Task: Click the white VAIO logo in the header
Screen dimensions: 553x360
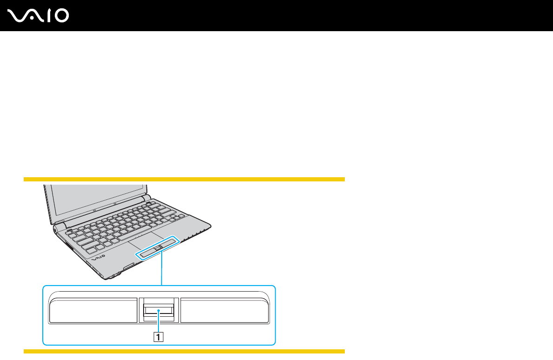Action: pos(39,15)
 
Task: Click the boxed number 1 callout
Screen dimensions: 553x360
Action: pos(158,337)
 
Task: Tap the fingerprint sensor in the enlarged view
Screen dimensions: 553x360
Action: pos(158,309)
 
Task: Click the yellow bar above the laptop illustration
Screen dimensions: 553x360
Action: pos(184,179)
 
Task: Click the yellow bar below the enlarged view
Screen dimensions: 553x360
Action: pos(184,351)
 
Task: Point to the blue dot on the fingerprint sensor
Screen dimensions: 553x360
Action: pos(158,309)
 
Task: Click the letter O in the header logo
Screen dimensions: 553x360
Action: pos(61,16)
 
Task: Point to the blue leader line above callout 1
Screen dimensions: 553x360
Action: pos(158,322)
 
